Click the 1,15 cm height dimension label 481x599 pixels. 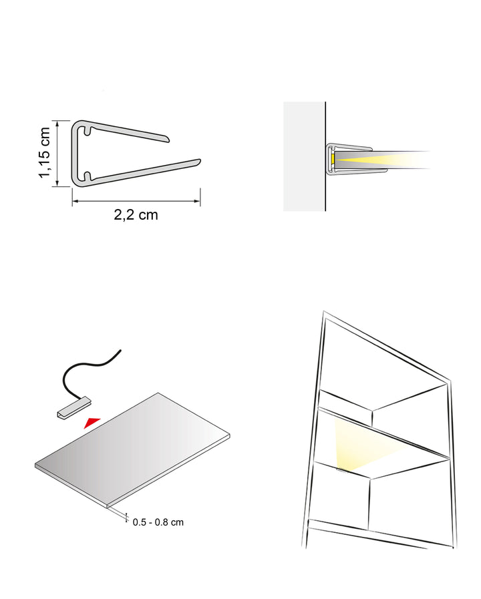(45, 152)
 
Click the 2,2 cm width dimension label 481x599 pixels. (136, 215)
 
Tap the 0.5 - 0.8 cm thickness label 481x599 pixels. (158, 522)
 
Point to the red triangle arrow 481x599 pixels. (92, 422)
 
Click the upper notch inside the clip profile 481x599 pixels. (87, 130)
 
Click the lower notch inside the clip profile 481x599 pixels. (87, 176)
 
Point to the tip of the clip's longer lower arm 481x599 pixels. (199, 161)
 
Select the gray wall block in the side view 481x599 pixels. (304, 156)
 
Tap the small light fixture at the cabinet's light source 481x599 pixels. (341, 471)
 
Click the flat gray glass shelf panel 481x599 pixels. (132, 450)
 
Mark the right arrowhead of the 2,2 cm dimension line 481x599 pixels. (198, 201)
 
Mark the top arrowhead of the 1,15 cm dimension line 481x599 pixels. (57, 124)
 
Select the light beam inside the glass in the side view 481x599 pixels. (382, 158)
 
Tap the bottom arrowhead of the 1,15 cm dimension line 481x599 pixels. (57, 184)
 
